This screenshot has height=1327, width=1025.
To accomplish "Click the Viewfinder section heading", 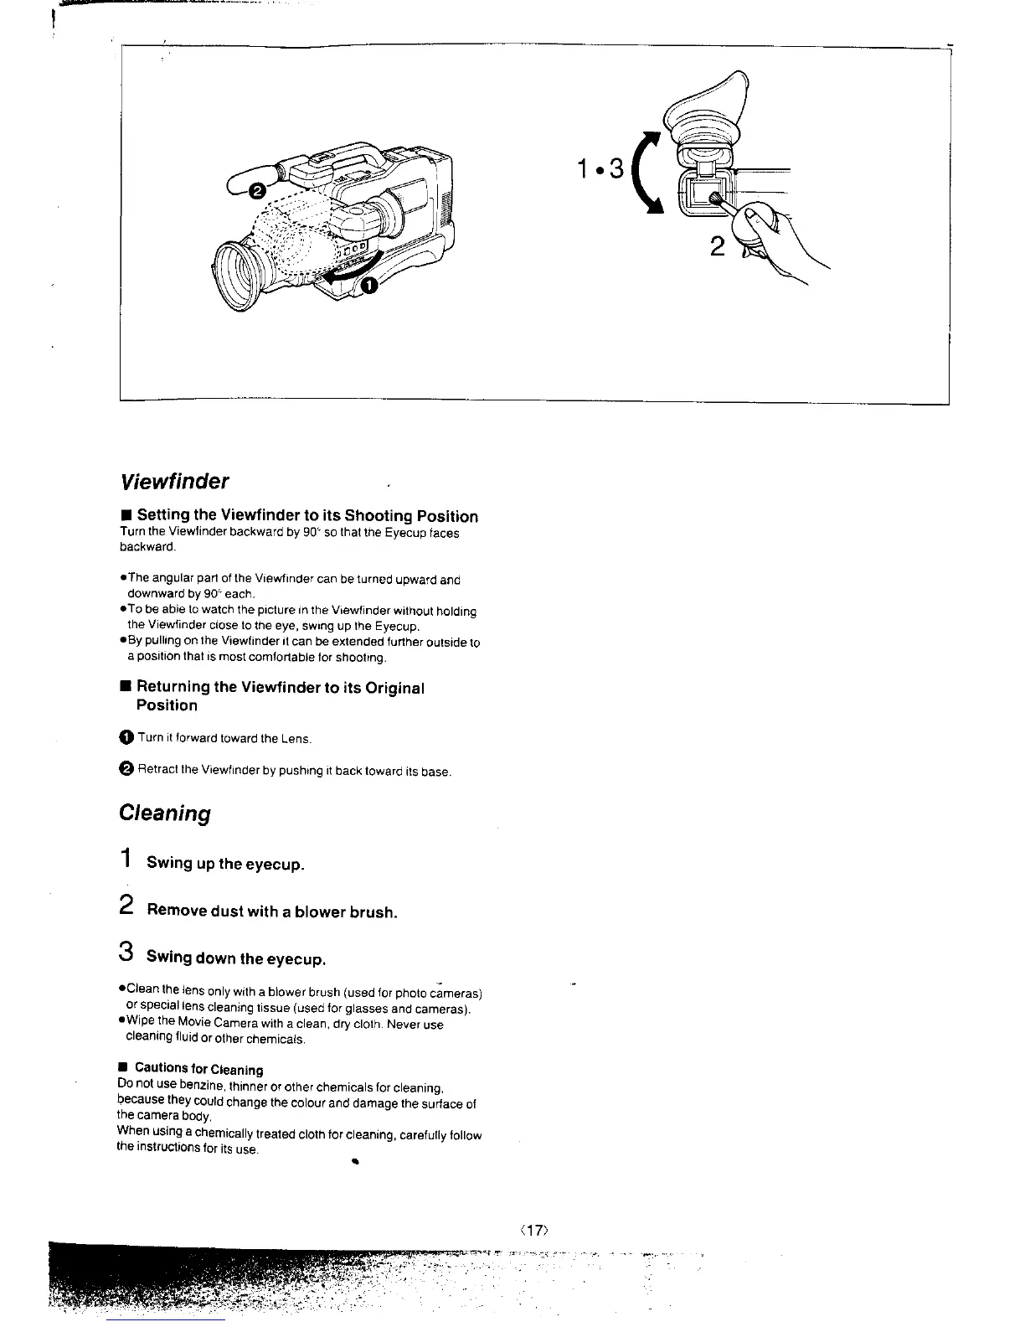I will tap(175, 482).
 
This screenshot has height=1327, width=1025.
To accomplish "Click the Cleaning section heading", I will tap(165, 813).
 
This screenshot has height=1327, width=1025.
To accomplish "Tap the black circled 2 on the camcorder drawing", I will tap(259, 191).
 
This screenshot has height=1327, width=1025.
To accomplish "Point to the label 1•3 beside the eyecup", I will tap(600, 169).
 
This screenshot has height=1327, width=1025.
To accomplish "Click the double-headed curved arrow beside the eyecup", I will tap(646, 177).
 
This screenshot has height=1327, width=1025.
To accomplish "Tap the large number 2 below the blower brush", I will tap(717, 247).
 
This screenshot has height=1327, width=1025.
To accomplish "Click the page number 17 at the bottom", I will tap(533, 1230).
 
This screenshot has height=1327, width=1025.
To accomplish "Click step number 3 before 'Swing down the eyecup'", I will tap(126, 953).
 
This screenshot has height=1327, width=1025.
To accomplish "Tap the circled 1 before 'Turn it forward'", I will tap(126, 738).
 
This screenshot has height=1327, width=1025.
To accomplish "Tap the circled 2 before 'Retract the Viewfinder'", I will tap(126, 770).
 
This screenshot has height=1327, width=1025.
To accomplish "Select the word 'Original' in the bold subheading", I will tap(391, 688).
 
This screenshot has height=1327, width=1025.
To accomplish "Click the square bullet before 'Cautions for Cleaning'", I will tap(122, 1068).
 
